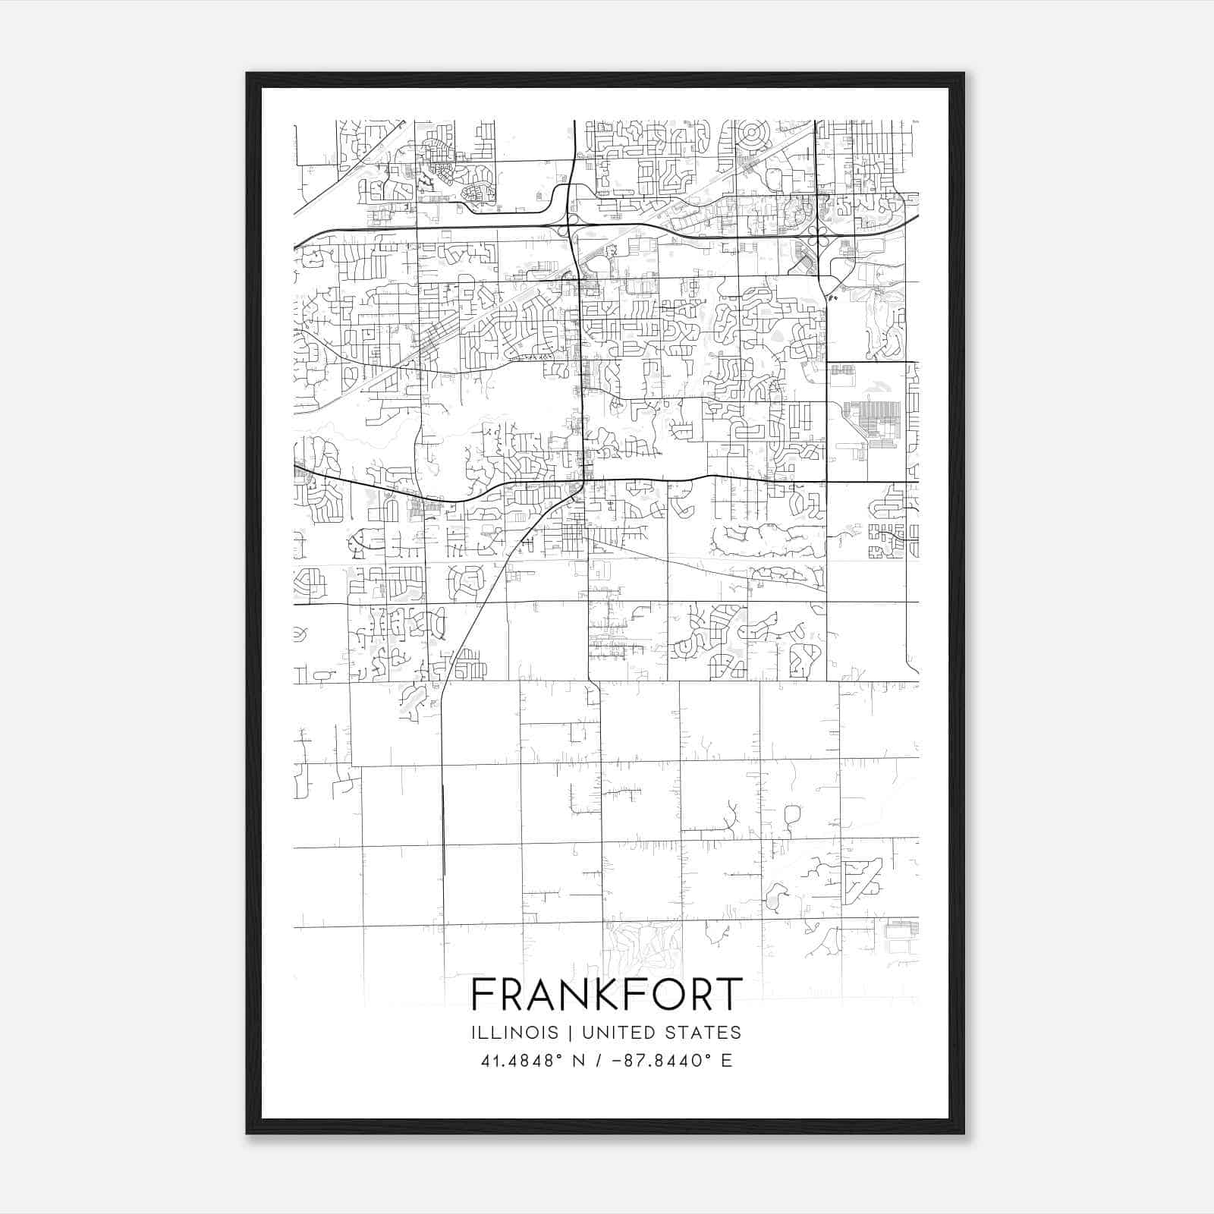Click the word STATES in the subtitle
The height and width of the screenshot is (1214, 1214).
click(x=707, y=1033)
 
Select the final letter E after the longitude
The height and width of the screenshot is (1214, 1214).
click(x=727, y=1061)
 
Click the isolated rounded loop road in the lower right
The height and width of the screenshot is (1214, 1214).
click(x=792, y=816)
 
